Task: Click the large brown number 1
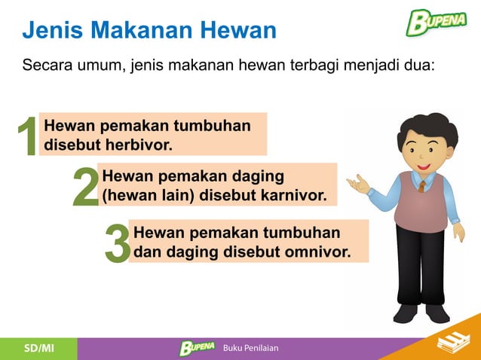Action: tap(27, 138)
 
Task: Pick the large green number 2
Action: tap(85, 187)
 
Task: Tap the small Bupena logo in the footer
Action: tap(197, 348)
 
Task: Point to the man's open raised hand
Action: tap(357, 183)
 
